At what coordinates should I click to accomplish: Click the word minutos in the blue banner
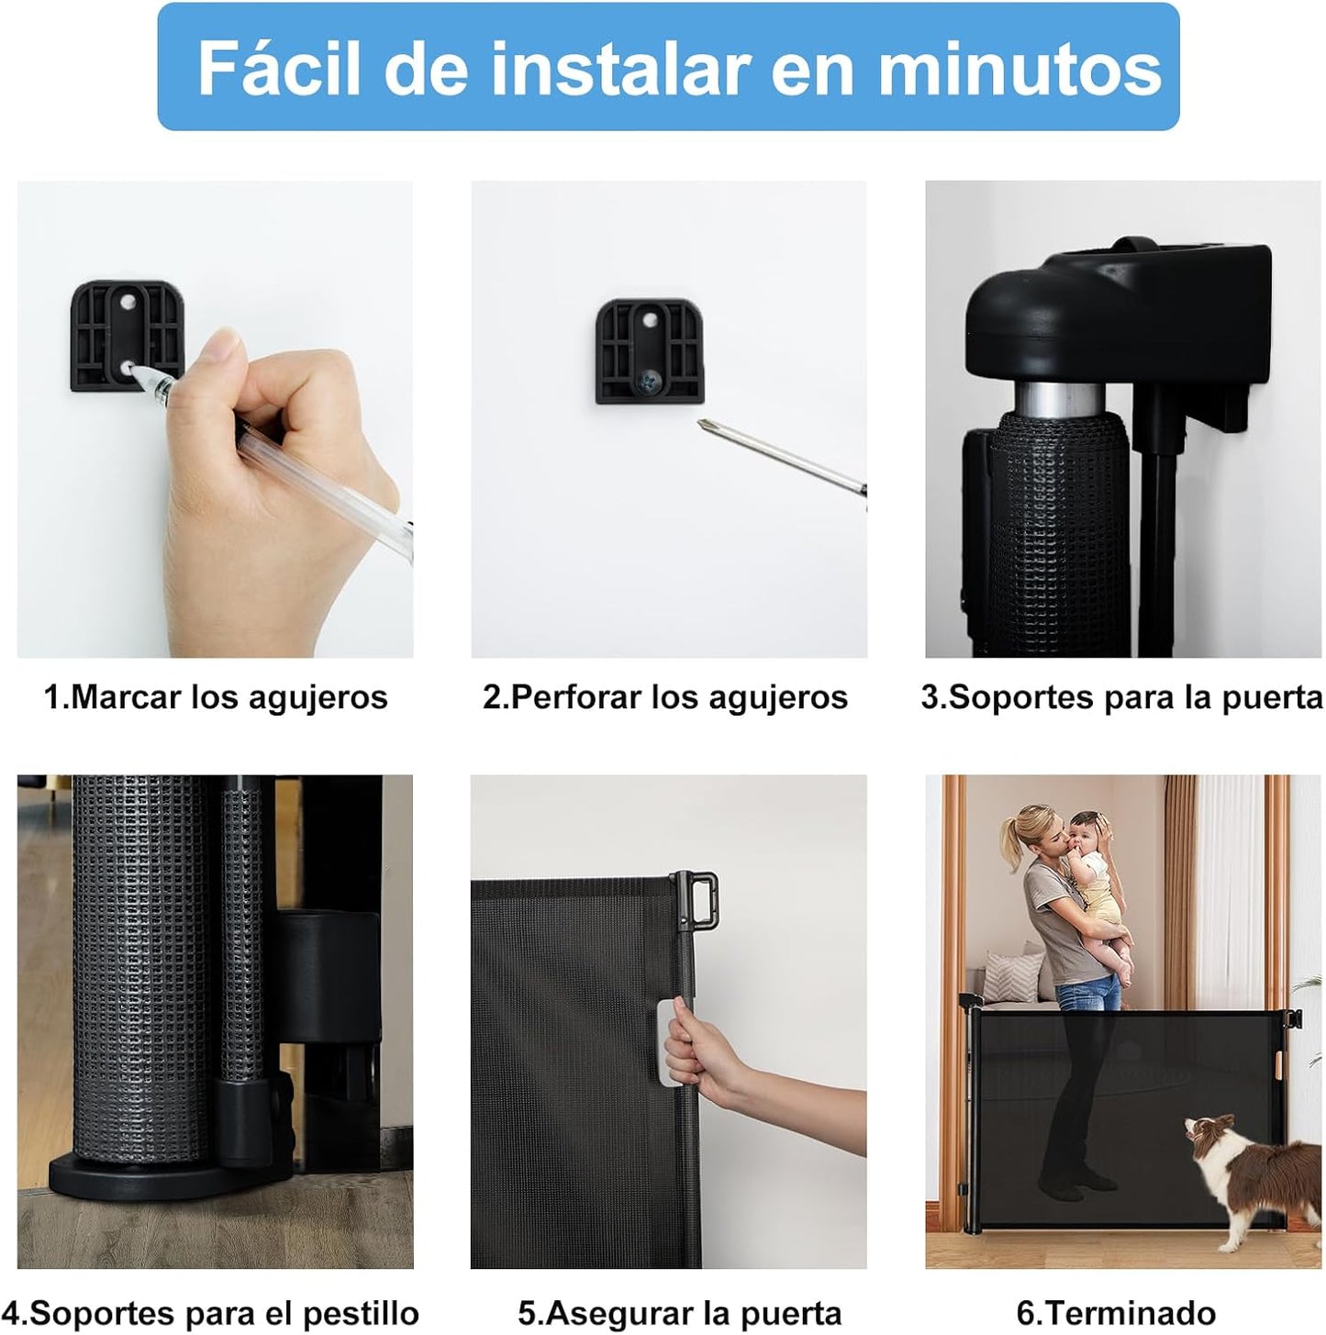click(x=1020, y=68)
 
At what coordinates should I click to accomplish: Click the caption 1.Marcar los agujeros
click(x=216, y=697)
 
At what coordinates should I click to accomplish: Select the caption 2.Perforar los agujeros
click(x=665, y=697)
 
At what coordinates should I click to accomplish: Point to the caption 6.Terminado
click(x=1116, y=1312)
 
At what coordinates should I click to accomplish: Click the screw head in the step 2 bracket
click(x=651, y=378)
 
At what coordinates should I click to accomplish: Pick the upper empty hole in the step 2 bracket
click(x=650, y=319)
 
